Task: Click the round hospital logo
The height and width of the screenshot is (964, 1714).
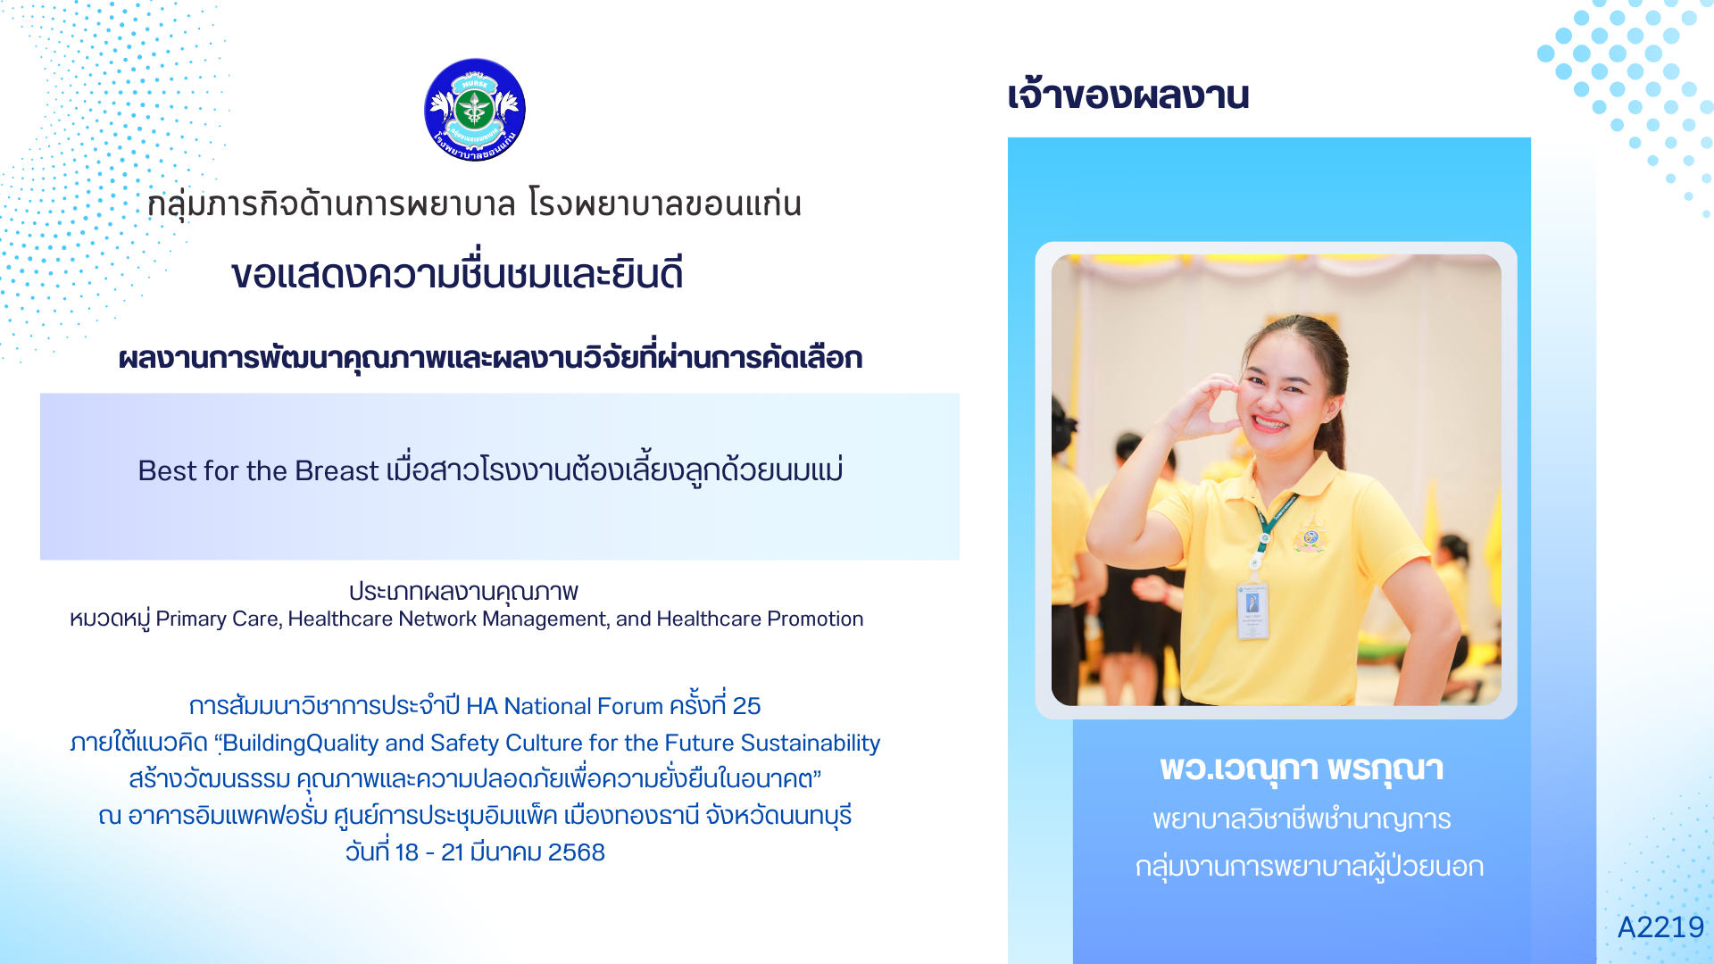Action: click(x=475, y=110)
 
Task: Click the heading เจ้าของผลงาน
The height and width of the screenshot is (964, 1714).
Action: click(x=1128, y=95)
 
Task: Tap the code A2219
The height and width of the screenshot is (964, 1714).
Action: click(x=1660, y=927)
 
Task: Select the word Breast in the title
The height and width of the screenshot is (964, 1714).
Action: click(x=337, y=470)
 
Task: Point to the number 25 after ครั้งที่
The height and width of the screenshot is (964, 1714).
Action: click(x=746, y=706)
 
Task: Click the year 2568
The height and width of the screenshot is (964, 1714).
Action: click(x=577, y=852)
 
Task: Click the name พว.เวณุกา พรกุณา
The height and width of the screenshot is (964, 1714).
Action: click(x=1302, y=769)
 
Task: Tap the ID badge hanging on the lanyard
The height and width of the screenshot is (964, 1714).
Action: click(x=1252, y=611)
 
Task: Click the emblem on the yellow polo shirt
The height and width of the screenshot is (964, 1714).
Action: click(x=1310, y=537)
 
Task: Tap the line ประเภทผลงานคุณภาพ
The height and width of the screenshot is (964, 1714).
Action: click(x=463, y=592)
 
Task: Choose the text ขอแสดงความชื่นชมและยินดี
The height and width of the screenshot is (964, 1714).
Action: click(x=457, y=273)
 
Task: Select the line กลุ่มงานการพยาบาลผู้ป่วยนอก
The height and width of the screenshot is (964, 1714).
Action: click(x=1310, y=867)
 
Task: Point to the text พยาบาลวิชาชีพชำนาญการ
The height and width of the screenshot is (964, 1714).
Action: click(x=1302, y=819)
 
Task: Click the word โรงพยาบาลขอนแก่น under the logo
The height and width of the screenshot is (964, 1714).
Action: click(x=665, y=204)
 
